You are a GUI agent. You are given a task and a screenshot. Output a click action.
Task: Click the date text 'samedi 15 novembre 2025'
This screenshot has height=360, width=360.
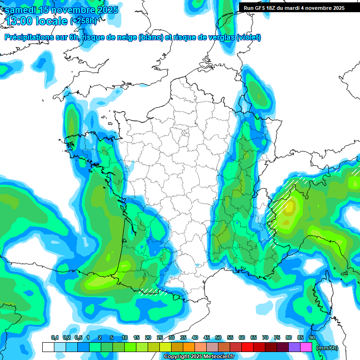tap(61, 10)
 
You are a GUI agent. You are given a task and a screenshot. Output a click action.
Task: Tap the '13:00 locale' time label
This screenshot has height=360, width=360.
tap(36, 21)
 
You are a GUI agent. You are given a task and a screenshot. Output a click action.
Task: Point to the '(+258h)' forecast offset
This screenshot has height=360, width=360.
tap(84, 21)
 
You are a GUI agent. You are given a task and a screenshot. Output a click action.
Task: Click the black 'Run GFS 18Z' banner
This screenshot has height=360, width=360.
tap(293, 8)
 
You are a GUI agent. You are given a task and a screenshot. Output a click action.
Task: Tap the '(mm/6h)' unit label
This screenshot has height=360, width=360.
tap(327, 348)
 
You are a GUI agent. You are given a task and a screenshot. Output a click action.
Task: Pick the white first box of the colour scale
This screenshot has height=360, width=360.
tap(48, 347)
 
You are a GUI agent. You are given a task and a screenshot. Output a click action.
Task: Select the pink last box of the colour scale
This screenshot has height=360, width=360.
tap(306, 347)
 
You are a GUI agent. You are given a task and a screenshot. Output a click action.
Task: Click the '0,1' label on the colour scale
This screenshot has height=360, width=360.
tap(55, 337)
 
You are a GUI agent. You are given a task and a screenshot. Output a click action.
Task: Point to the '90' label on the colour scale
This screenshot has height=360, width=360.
tap(312, 337)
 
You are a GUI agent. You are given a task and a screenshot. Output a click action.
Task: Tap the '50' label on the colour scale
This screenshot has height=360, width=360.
tap(218, 337)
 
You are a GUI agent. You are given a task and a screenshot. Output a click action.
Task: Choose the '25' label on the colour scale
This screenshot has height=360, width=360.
tap(159, 337)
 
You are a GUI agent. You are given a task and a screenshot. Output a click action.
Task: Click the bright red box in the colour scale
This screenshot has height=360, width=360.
tap(247, 347)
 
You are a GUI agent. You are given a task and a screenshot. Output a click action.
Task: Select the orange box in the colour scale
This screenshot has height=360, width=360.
tap(188, 347)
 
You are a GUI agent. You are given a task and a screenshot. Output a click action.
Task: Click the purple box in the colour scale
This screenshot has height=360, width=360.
tap(294, 347)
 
